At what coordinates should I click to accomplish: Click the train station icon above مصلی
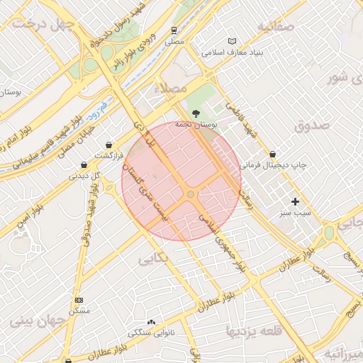point(174,30)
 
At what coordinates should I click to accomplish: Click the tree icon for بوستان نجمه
point(196,113)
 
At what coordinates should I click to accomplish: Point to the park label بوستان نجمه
point(199,125)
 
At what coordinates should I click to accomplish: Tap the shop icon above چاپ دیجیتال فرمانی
point(273,154)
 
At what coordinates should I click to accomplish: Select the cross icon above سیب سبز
point(295,202)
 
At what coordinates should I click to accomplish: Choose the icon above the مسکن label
point(79,300)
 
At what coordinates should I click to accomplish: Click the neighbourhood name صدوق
point(311,125)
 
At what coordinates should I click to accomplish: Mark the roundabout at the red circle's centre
point(190,194)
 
